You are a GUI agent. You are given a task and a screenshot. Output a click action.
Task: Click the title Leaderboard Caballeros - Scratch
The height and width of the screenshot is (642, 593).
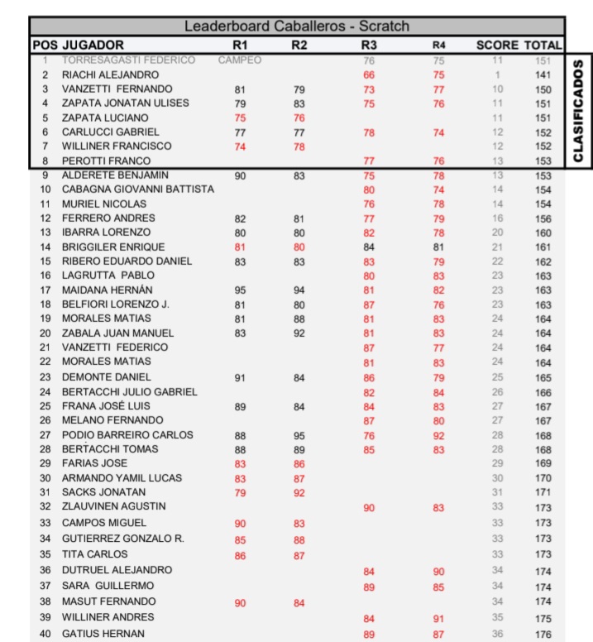point(296,26)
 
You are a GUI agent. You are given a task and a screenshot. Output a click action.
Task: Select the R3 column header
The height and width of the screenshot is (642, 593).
point(369,45)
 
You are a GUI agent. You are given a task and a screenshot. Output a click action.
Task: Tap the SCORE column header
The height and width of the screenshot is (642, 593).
point(497,45)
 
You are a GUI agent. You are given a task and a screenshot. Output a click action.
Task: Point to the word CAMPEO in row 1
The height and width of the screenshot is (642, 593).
point(240,60)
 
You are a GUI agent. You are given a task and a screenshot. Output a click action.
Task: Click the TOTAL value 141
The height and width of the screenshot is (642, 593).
point(543,74)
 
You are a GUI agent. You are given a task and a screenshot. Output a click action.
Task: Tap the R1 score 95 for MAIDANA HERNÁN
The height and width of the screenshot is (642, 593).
point(240,290)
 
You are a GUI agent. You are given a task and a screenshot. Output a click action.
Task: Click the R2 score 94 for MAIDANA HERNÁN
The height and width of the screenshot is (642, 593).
point(299,290)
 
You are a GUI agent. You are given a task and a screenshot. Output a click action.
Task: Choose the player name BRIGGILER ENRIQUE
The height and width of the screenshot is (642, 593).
point(113,247)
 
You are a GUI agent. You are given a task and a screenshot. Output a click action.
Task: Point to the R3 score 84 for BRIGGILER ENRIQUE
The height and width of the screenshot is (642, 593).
point(369,247)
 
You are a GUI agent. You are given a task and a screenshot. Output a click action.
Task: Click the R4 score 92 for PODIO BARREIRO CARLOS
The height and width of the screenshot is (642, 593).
point(438,435)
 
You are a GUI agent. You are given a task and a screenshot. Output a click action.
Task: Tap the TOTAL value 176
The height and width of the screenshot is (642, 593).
point(543,634)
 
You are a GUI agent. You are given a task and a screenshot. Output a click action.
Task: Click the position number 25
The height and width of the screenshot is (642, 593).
point(45,406)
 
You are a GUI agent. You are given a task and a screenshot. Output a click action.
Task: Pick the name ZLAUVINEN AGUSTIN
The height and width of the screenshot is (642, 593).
point(114,506)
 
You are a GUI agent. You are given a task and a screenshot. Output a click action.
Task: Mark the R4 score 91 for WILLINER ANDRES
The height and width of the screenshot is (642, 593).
point(438,618)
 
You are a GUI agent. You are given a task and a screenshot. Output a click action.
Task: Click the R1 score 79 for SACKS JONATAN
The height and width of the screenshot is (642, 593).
point(240,492)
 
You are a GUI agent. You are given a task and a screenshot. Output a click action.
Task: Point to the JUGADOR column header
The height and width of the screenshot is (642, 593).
point(93,45)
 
